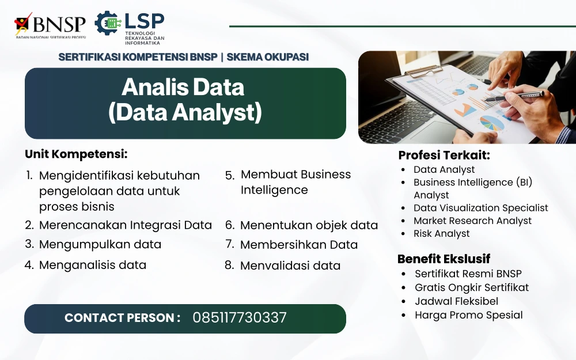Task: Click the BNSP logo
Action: tap(50, 25)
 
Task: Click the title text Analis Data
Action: tap(183, 87)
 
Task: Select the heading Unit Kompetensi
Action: tap(76, 154)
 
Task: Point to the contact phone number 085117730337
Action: tap(240, 318)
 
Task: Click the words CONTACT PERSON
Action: tap(122, 318)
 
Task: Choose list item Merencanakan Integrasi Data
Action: tap(125, 225)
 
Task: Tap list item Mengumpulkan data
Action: tap(100, 244)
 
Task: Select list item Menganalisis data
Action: tap(93, 265)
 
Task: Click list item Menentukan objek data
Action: tap(309, 225)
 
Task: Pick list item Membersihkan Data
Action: tap(298, 245)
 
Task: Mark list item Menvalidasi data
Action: tap(290, 266)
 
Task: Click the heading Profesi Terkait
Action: tap(444, 155)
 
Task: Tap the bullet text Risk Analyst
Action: tap(442, 234)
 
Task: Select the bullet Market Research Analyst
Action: tap(472, 221)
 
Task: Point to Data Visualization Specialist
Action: tap(481, 208)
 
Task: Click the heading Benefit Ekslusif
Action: tap(444, 259)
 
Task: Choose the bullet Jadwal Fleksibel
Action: tap(457, 301)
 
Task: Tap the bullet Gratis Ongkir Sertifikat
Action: tap(472, 287)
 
